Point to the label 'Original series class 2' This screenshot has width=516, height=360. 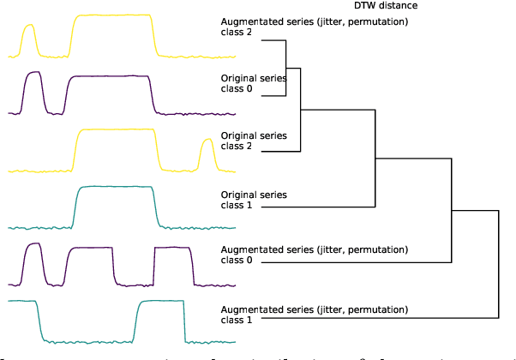point(249,141)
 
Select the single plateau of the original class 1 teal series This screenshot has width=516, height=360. point(117,188)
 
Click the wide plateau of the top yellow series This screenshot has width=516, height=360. point(112,16)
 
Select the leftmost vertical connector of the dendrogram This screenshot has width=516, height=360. point(285,68)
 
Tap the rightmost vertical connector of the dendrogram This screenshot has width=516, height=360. point(498,265)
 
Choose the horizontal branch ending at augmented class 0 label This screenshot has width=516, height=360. point(357,262)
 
